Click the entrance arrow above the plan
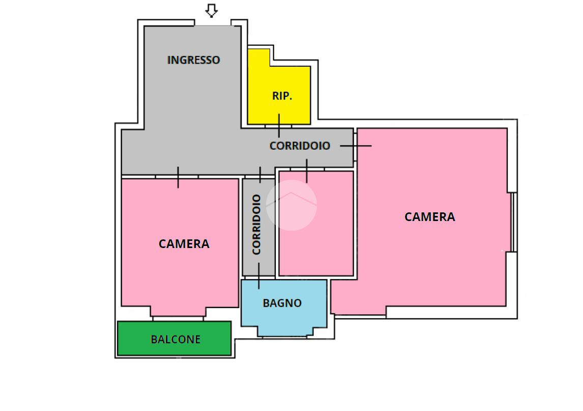[x=212, y=10]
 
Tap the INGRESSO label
[x=193, y=60]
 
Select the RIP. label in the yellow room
[x=282, y=96]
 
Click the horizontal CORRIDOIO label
[x=300, y=146]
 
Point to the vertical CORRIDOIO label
[x=256, y=225]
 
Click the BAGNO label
[x=282, y=303]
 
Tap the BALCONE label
[x=176, y=339]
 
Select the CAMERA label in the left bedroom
[x=184, y=244]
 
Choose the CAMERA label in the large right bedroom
[x=430, y=216]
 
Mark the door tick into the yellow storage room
[x=279, y=126]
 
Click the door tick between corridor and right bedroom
[x=356, y=146]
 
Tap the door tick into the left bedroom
[x=178, y=177]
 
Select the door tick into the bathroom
[x=259, y=276]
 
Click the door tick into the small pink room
[x=307, y=171]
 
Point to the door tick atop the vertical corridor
[x=260, y=175]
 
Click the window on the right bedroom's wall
[x=513, y=222]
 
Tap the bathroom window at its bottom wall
[x=284, y=337]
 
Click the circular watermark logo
[x=291, y=205]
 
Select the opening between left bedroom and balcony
[x=178, y=319]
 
